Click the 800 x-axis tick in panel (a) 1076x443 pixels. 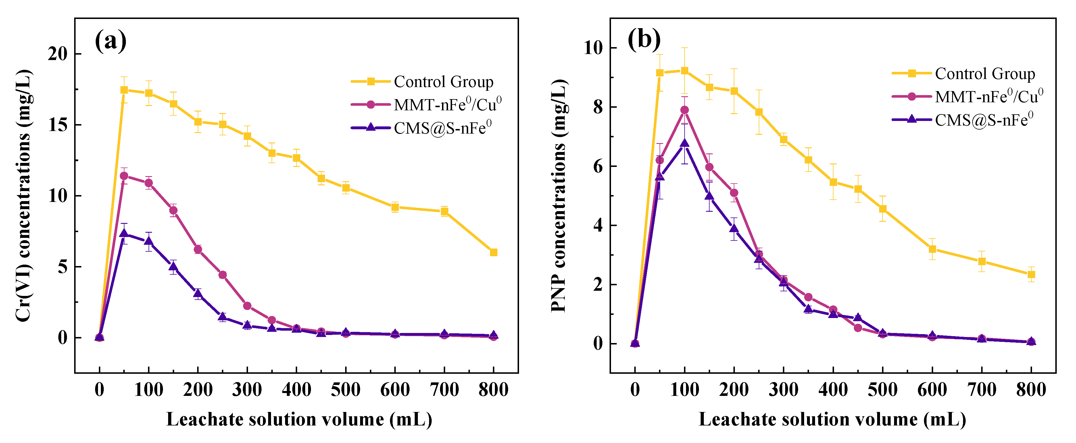point(493,390)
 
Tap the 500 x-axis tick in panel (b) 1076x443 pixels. point(882,390)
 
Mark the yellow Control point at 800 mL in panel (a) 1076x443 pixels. point(493,252)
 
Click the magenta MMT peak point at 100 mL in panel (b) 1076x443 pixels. point(684,110)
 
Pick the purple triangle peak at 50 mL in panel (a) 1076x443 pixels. point(124,233)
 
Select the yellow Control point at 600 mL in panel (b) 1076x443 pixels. point(932,249)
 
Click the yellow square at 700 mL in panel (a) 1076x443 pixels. point(444,211)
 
